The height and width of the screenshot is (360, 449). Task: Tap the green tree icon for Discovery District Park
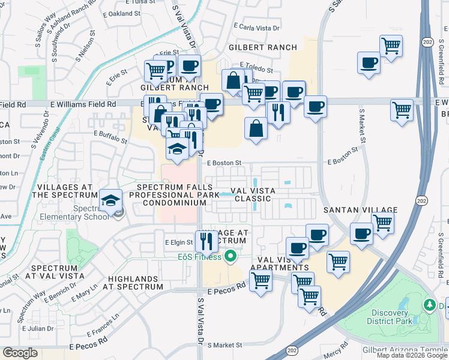(430, 305)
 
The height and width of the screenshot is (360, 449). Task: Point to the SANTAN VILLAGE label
(360, 210)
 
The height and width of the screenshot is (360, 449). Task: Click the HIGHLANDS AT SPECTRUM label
(136, 283)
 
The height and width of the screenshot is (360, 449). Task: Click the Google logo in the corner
(20, 353)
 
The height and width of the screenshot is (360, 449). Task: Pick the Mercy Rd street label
(336, 346)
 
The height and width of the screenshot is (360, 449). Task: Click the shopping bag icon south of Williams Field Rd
(256, 128)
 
